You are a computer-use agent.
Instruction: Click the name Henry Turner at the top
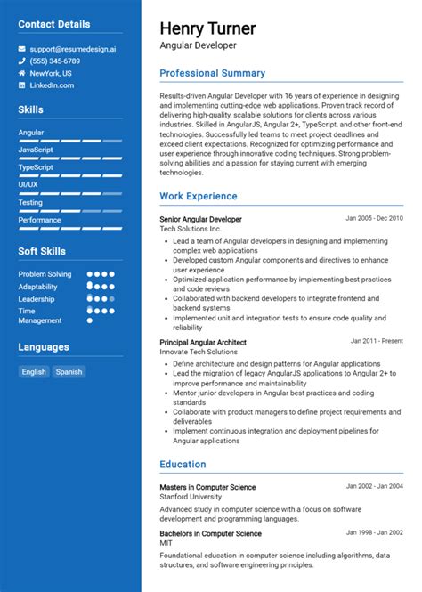(207, 28)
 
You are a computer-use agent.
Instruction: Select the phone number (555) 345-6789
(55, 61)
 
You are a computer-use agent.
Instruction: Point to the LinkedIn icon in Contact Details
(21, 85)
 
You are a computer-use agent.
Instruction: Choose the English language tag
(34, 372)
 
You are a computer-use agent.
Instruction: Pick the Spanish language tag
(69, 372)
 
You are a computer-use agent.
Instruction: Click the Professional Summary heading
(212, 73)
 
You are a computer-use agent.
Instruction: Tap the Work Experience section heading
(199, 196)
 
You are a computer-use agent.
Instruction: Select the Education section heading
(183, 464)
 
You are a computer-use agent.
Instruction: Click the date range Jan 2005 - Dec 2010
(374, 218)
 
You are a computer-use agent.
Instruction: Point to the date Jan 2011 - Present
(377, 341)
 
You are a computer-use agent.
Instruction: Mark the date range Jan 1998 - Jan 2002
(374, 533)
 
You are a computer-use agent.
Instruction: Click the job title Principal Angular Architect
(203, 342)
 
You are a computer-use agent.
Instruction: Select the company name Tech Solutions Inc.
(190, 229)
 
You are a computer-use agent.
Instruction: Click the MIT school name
(166, 543)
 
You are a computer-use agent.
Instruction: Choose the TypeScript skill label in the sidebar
(36, 167)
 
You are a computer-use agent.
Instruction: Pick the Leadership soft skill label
(37, 299)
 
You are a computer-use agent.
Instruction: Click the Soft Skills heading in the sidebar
(42, 251)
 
